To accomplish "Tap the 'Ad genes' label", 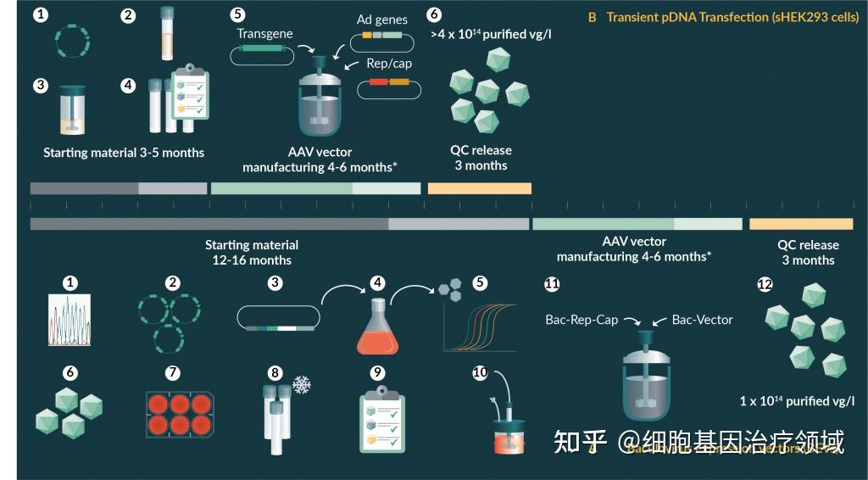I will pyautogui.click(x=381, y=20).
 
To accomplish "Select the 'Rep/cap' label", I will pyautogui.click(x=387, y=64).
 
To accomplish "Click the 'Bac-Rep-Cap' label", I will pyautogui.click(x=581, y=320).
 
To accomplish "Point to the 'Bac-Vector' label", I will pyautogui.click(x=702, y=320).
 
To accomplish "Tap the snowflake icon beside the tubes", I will pyautogui.click(x=301, y=384).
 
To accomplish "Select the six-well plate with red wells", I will pyautogui.click(x=178, y=413).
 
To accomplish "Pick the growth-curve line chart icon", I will pyautogui.click(x=479, y=327).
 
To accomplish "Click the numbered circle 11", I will pyautogui.click(x=552, y=284).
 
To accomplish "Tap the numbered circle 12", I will pyautogui.click(x=765, y=284).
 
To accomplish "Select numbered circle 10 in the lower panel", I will pyautogui.click(x=480, y=372).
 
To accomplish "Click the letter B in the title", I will pyautogui.click(x=593, y=17).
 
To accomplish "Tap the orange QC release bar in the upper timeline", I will pyautogui.click(x=480, y=188).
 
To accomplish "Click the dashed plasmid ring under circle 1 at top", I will pyautogui.click(x=74, y=41).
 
